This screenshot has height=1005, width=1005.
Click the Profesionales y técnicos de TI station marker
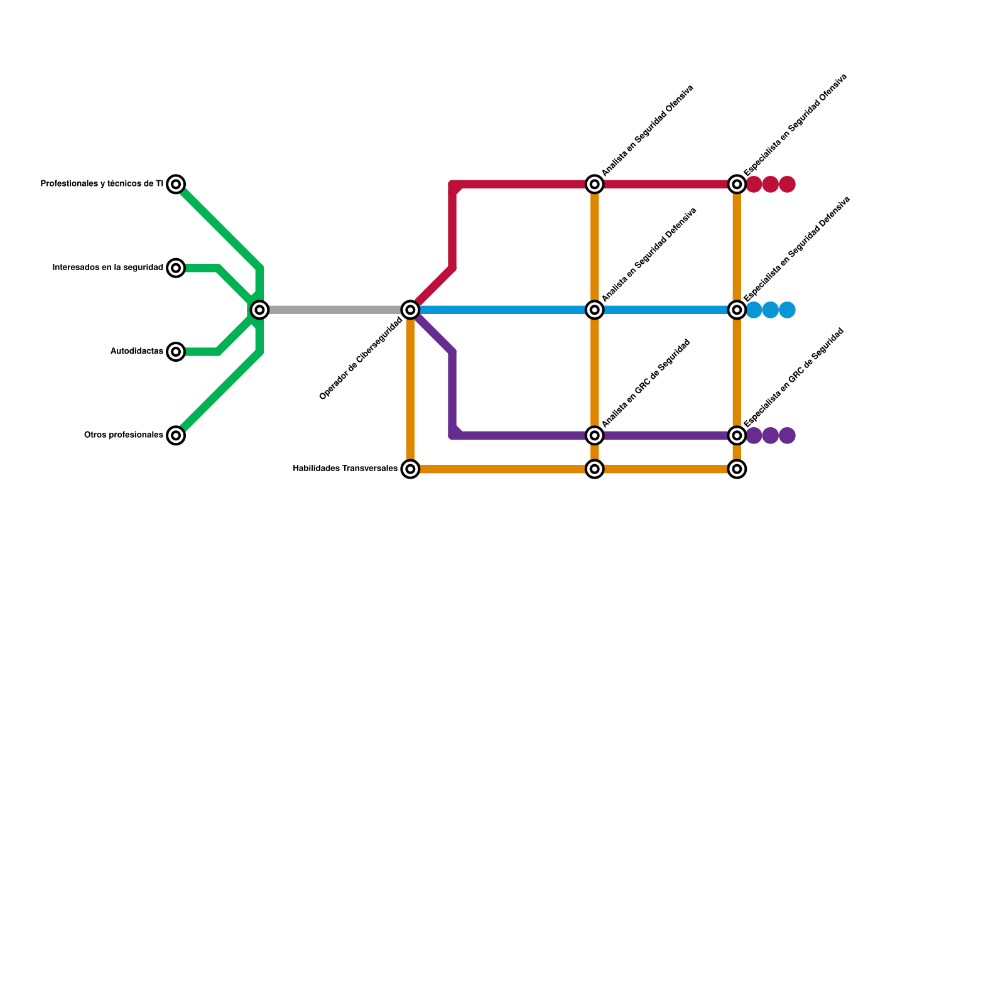click(177, 184)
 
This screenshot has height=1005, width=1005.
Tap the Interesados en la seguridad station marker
click(177, 268)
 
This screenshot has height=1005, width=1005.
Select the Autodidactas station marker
click(177, 352)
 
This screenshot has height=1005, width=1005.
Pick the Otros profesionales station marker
click(177, 435)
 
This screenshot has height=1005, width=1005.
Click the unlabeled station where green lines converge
click(259, 310)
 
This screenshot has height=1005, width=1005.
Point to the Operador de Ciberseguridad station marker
click(410, 310)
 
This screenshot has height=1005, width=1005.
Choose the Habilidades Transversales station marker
click(410, 469)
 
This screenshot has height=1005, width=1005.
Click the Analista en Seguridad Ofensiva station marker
click(594, 184)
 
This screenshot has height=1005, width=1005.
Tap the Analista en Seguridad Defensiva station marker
click(594, 310)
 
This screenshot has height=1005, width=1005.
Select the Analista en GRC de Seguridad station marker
click(594, 435)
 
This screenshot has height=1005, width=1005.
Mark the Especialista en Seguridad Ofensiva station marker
click(737, 184)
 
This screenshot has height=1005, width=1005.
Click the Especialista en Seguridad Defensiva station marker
click(737, 310)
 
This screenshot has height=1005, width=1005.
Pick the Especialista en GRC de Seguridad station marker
click(737, 435)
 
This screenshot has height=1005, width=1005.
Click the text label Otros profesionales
click(124, 435)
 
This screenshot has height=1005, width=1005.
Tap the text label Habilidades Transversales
click(345, 469)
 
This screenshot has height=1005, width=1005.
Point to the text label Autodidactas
click(137, 352)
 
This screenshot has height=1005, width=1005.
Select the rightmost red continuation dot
click(788, 185)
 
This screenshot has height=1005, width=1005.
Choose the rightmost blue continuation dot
click(788, 310)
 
